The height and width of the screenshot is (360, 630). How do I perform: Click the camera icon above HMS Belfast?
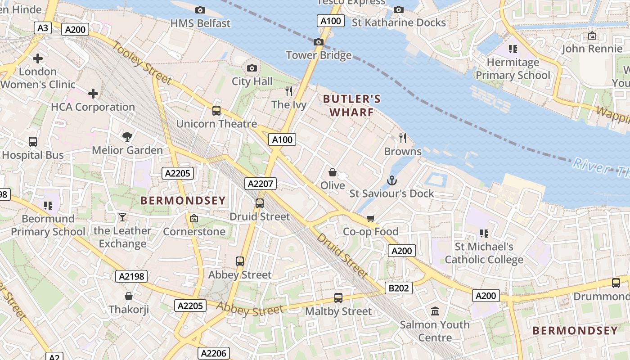(200, 10)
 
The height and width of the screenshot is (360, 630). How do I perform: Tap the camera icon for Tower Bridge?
(319, 42)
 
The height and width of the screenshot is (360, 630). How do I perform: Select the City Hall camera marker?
(252, 68)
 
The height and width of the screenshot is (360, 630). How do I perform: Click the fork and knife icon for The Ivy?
(289, 91)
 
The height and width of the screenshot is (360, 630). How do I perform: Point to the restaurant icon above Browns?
(403, 138)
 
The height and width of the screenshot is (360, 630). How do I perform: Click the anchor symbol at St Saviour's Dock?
(392, 181)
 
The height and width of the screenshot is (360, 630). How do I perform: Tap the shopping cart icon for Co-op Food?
(371, 218)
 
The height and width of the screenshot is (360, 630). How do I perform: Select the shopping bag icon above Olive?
(333, 172)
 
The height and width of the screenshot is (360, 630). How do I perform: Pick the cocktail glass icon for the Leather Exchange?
(122, 218)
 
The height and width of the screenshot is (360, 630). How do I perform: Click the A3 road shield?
(43, 28)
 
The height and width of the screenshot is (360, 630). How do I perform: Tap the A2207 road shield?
(261, 184)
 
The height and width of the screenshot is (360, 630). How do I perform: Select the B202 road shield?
(398, 288)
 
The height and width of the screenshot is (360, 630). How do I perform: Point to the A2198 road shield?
(132, 276)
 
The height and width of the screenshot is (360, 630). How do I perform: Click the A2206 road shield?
(214, 353)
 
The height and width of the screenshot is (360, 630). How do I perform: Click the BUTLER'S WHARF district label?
(352, 105)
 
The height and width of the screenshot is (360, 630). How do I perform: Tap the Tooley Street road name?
(142, 63)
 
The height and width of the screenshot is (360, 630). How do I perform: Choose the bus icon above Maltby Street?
(338, 297)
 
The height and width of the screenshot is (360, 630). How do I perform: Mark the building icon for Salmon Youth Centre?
(435, 311)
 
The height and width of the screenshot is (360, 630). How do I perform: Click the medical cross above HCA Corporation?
(93, 94)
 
